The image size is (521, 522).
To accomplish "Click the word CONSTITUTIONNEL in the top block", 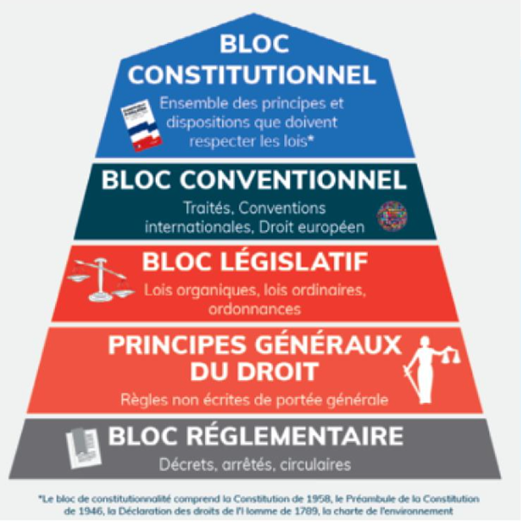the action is (x=252, y=75).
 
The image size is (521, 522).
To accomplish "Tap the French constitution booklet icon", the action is (x=141, y=125).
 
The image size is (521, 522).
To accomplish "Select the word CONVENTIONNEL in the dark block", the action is (x=293, y=180).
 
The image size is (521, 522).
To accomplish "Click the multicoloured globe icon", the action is (x=392, y=216).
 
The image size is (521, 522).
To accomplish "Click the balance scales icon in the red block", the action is (x=101, y=280).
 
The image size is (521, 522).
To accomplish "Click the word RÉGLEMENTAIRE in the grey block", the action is (x=295, y=436).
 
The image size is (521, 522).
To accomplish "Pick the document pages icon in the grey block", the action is (x=84, y=448).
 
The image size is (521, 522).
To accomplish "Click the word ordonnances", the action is (x=255, y=309).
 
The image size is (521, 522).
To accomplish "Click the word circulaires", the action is (x=315, y=465).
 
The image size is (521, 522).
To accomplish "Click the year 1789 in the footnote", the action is (x=308, y=511).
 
